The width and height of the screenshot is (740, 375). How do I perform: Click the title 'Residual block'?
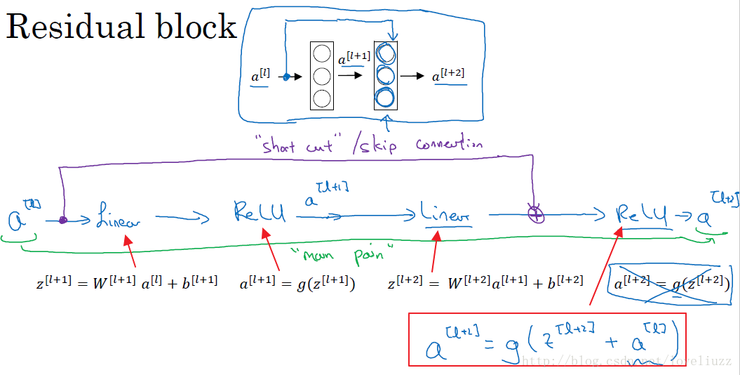(x=122, y=27)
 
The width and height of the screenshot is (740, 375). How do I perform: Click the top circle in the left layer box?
(x=321, y=53)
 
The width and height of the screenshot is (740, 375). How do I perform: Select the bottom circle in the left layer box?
(x=321, y=98)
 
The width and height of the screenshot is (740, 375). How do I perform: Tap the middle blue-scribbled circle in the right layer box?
(x=386, y=75)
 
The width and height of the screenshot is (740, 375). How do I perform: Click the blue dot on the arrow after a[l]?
(x=285, y=77)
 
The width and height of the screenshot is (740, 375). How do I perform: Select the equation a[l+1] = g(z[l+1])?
(x=297, y=284)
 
